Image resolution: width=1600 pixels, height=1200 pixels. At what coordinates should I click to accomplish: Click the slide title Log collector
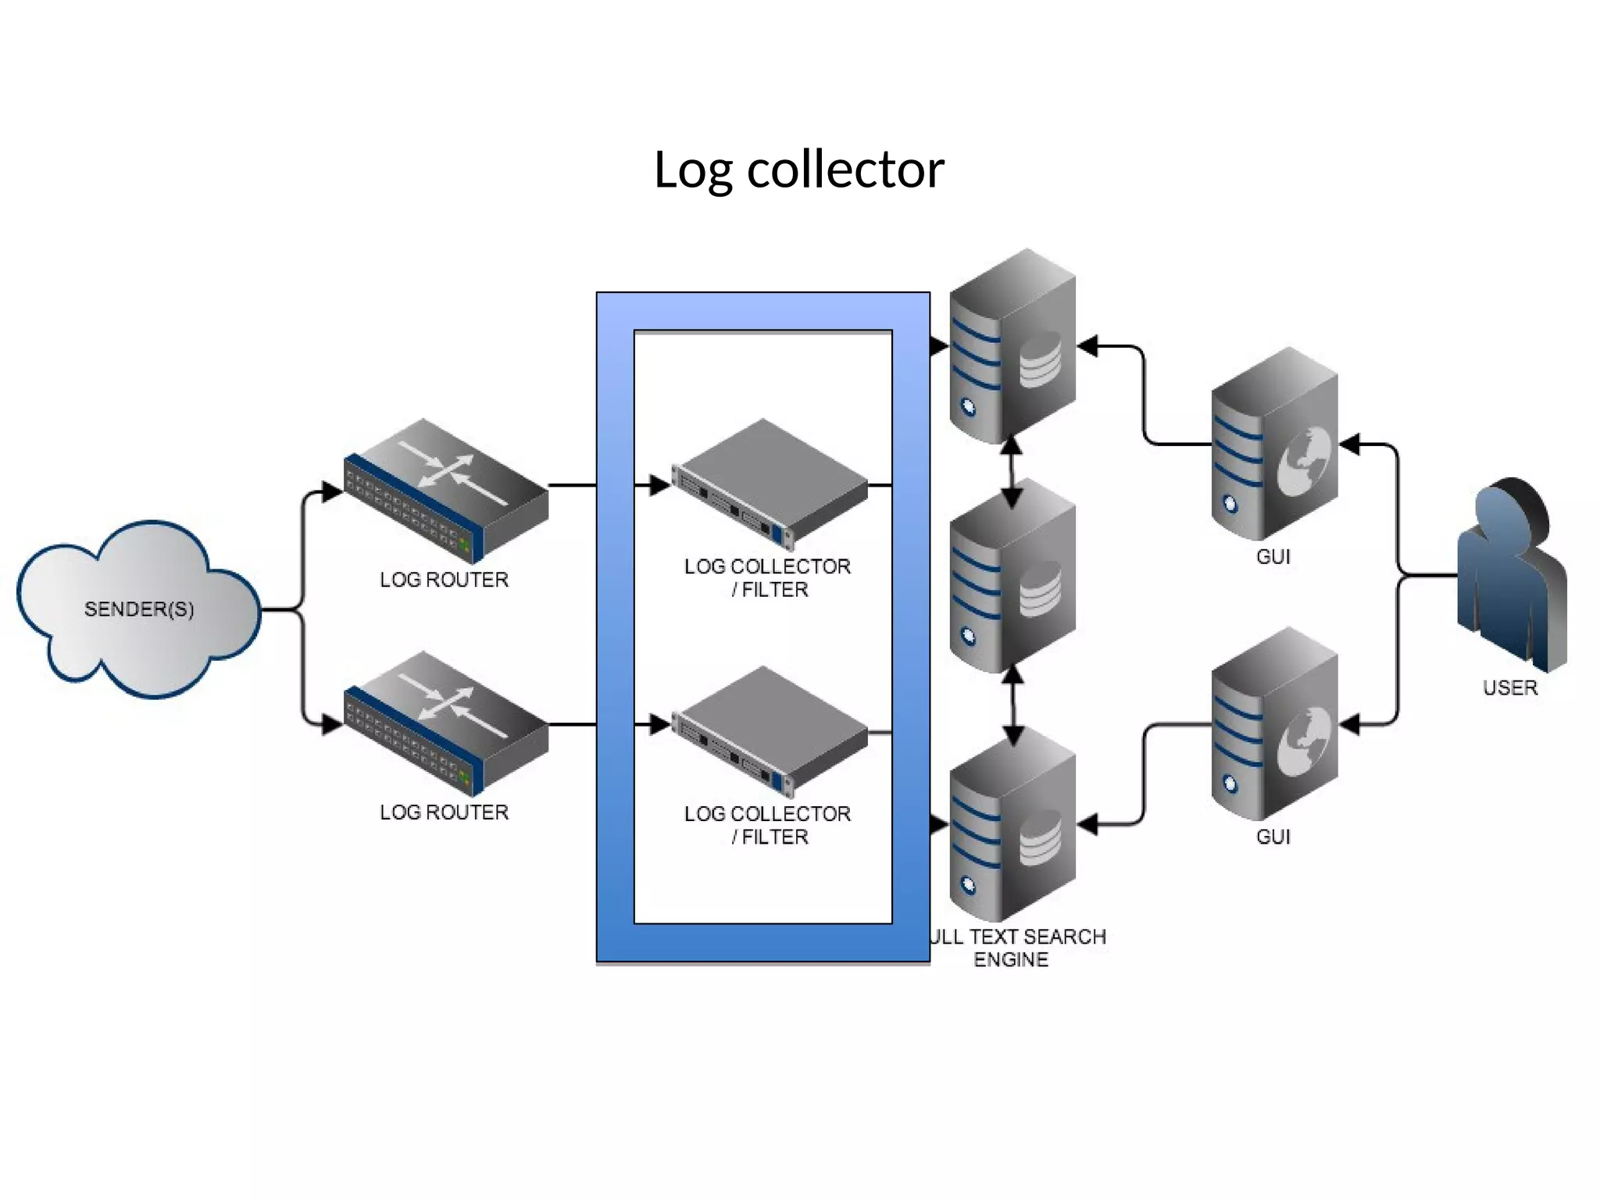pos(798,170)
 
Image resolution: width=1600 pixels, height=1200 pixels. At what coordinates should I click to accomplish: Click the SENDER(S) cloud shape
pos(138,609)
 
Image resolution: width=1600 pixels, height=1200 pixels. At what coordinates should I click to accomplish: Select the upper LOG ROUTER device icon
pos(446,491)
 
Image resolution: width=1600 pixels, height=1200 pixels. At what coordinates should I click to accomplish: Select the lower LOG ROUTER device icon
pos(446,723)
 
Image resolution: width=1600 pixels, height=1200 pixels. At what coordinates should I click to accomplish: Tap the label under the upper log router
pos(444,580)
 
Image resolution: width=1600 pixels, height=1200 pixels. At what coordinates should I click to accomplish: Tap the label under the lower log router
pos(444,812)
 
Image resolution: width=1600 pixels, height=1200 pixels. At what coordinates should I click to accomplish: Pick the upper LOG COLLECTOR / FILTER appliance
pos(770,484)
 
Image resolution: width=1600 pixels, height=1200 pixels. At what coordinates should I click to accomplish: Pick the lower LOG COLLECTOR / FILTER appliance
pos(770,730)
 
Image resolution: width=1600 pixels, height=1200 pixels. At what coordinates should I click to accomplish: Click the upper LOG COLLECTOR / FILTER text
pos(767,577)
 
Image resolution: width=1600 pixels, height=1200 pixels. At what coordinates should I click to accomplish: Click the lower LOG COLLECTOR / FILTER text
pos(767,825)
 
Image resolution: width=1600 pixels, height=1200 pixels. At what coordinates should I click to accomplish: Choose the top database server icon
pos(1012,347)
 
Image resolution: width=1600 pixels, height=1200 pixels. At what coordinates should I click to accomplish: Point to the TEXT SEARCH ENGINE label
pos(1016,948)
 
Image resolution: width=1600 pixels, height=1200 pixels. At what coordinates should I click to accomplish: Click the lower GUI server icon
pos(1273,724)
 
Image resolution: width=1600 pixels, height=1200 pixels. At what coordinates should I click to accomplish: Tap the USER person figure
pos(1510,574)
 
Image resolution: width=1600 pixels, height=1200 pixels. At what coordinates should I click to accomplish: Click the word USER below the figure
pos(1509,687)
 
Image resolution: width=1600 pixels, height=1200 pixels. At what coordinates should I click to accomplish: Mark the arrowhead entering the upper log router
pos(331,491)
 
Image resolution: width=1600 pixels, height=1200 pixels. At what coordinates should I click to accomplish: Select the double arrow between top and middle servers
pos(1012,473)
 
